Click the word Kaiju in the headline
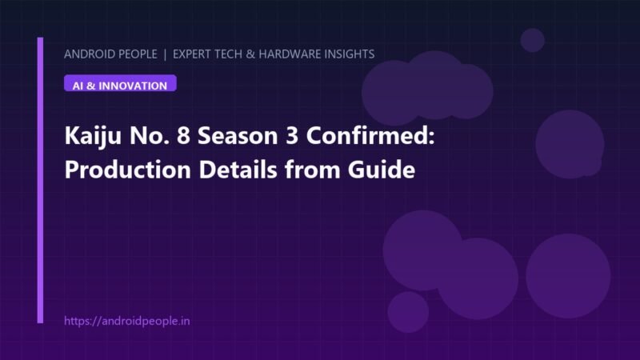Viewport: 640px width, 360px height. click(93, 136)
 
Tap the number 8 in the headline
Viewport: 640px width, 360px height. click(183, 136)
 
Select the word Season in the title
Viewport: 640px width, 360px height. click(238, 136)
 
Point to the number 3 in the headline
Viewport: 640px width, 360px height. click(292, 136)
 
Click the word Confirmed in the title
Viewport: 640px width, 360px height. click(370, 135)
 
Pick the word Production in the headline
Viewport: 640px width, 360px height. click(128, 170)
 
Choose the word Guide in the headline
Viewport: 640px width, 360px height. click(382, 170)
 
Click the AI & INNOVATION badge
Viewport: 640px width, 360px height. click(120, 83)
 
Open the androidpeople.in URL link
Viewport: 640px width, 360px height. click(127, 321)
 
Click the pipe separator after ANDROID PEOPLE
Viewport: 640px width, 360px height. click(165, 54)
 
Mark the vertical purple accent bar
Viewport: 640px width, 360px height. click(40, 180)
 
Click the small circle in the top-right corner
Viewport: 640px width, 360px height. click(532, 40)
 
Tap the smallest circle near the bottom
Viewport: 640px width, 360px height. click(408, 312)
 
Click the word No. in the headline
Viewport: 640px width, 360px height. click(149, 136)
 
